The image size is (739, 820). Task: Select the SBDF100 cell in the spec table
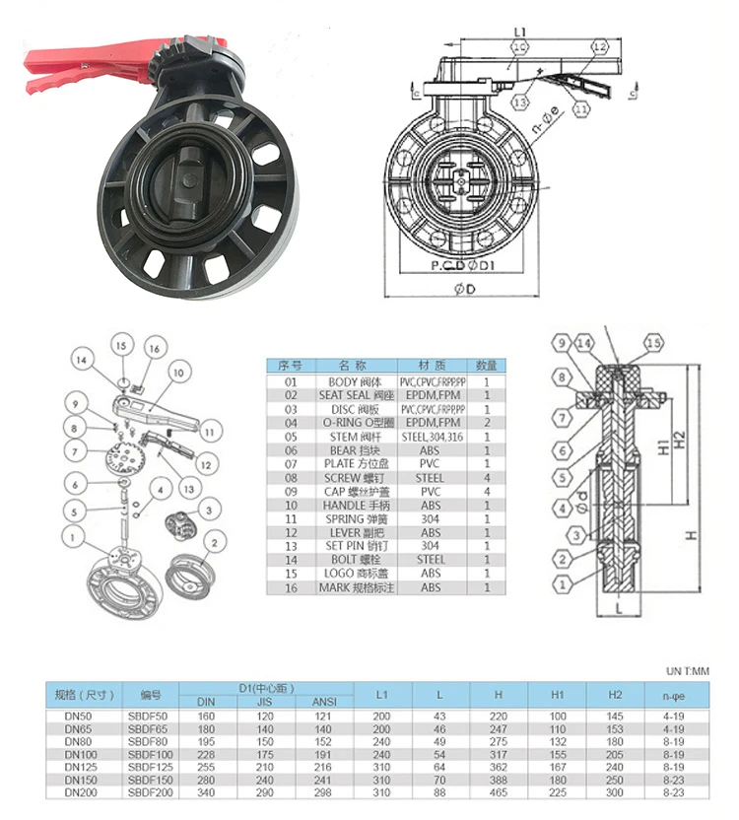[x=149, y=753]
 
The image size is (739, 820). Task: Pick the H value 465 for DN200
[x=499, y=791]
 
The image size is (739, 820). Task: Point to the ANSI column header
[x=323, y=702]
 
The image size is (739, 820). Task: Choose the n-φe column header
[x=674, y=695]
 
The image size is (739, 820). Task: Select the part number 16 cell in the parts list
[x=290, y=587]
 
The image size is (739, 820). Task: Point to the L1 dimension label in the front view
[x=519, y=34]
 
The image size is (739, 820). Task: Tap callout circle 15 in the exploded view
[x=121, y=347]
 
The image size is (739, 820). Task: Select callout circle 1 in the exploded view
[x=72, y=536]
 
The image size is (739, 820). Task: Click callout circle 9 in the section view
[x=562, y=343]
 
